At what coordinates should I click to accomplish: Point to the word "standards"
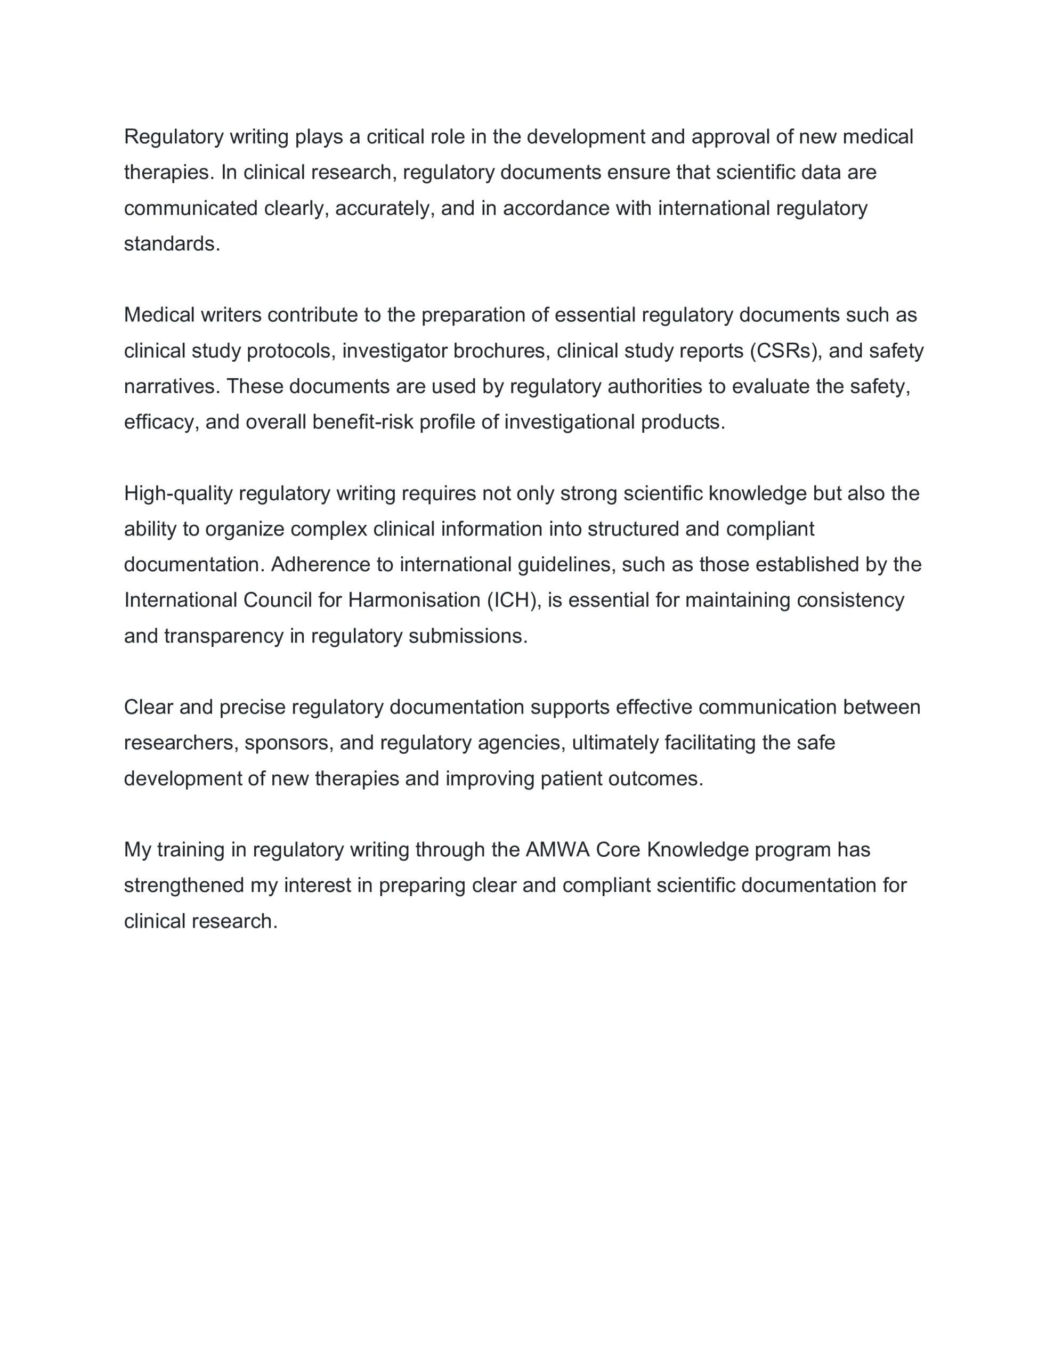(x=172, y=243)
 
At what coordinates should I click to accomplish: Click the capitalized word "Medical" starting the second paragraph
(x=159, y=315)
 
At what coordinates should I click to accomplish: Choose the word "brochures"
(x=502, y=351)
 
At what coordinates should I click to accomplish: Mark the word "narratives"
(x=172, y=387)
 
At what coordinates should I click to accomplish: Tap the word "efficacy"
(x=161, y=422)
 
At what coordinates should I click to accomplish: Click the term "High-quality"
(x=178, y=493)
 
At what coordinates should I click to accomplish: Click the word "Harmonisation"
(x=414, y=600)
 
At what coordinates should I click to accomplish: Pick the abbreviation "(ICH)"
(x=514, y=600)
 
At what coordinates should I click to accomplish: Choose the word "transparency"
(x=224, y=636)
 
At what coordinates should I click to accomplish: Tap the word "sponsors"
(x=289, y=743)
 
